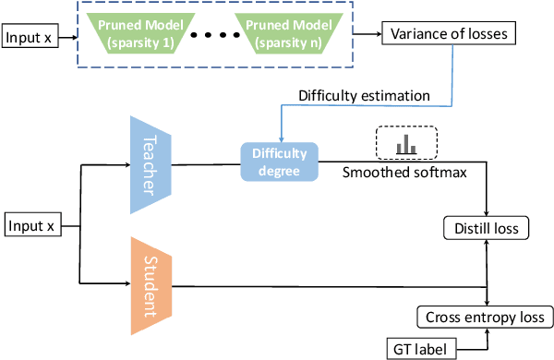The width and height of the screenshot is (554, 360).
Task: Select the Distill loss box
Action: (487, 227)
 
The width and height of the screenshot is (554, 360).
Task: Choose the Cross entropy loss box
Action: (485, 317)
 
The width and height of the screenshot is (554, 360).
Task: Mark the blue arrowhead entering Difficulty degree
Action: (278, 138)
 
